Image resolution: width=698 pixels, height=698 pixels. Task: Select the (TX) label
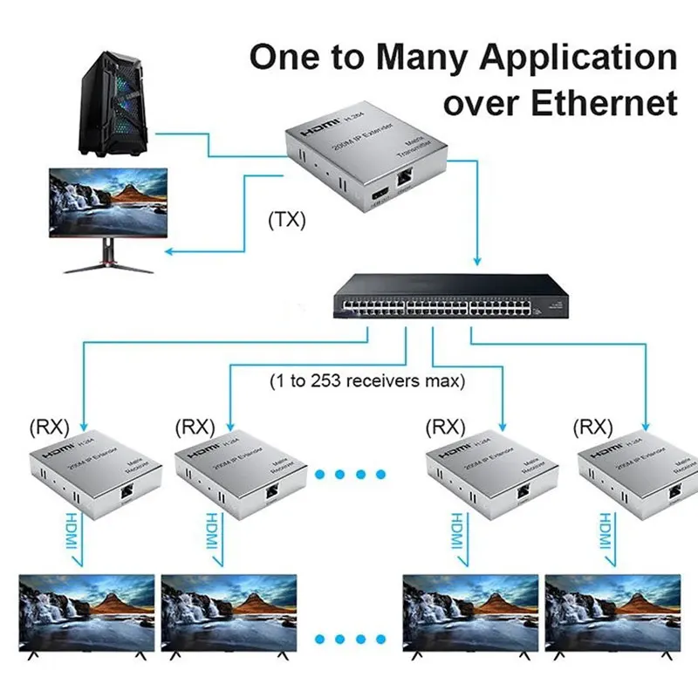pyautogui.click(x=286, y=219)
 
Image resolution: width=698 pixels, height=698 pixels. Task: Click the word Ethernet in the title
pyautogui.click(x=602, y=102)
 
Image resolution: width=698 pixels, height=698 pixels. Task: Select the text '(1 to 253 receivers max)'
pyautogui.click(x=366, y=380)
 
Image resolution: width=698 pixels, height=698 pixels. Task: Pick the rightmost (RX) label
pyautogui.click(x=594, y=428)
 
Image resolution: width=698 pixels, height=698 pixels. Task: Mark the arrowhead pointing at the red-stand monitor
pyautogui.click(x=169, y=253)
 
